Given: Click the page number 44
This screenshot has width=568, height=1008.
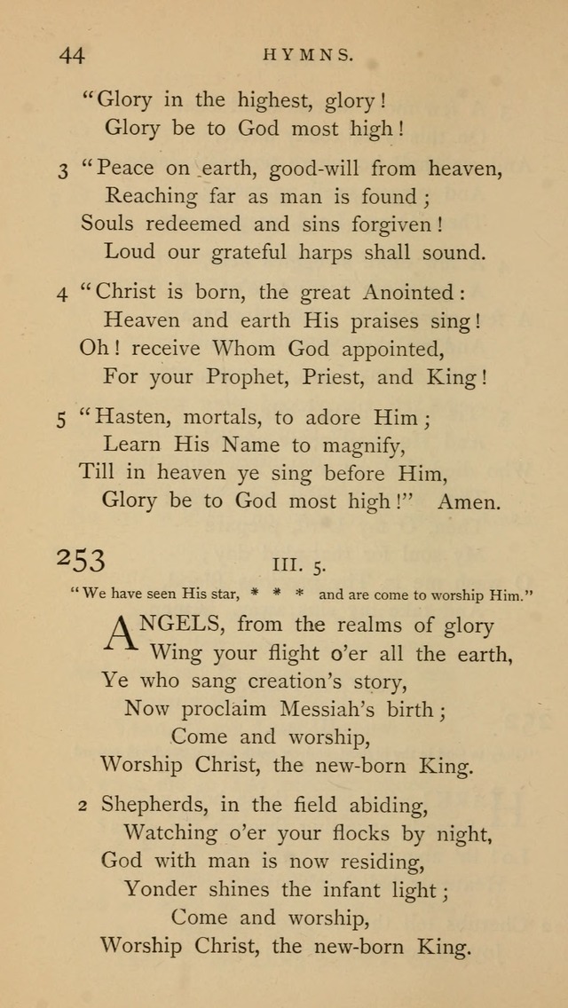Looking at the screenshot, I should (72, 55).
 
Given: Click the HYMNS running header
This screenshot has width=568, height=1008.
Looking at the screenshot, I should (309, 54).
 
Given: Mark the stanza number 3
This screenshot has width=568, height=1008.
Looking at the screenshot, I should (63, 169).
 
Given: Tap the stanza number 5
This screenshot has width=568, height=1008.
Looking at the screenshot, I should (62, 418).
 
